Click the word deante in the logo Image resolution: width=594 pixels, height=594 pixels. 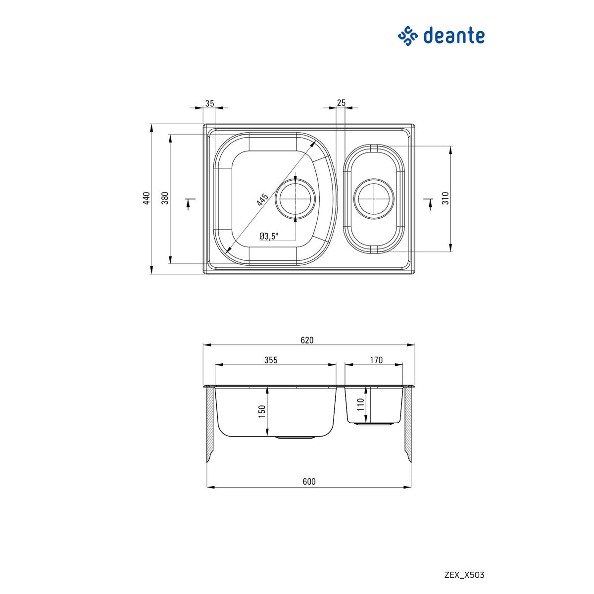[x=453, y=36]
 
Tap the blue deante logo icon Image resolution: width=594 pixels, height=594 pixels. [x=409, y=36]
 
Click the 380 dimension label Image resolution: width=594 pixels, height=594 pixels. [x=165, y=198]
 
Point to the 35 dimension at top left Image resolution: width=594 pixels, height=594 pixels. [x=209, y=103]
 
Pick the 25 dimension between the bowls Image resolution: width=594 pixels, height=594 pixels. [x=341, y=103]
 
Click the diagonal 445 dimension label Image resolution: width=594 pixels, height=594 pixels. [x=262, y=200]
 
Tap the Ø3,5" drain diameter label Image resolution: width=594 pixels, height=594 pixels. [x=269, y=236]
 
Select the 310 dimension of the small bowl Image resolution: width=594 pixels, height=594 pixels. [x=445, y=198]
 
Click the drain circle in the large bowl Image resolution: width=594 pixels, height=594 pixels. [x=296, y=198]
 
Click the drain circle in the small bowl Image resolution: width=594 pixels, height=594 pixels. [x=374, y=198]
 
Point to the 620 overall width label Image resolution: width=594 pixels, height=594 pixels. [x=307, y=340]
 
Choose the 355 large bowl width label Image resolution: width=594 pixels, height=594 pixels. [x=271, y=360]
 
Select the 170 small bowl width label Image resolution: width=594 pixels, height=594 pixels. [x=376, y=360]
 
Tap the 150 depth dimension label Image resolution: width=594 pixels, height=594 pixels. [x=262, y=411]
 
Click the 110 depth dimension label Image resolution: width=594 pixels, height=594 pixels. [x=360, y=405]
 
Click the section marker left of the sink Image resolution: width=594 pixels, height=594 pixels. [x=189, y=203]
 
